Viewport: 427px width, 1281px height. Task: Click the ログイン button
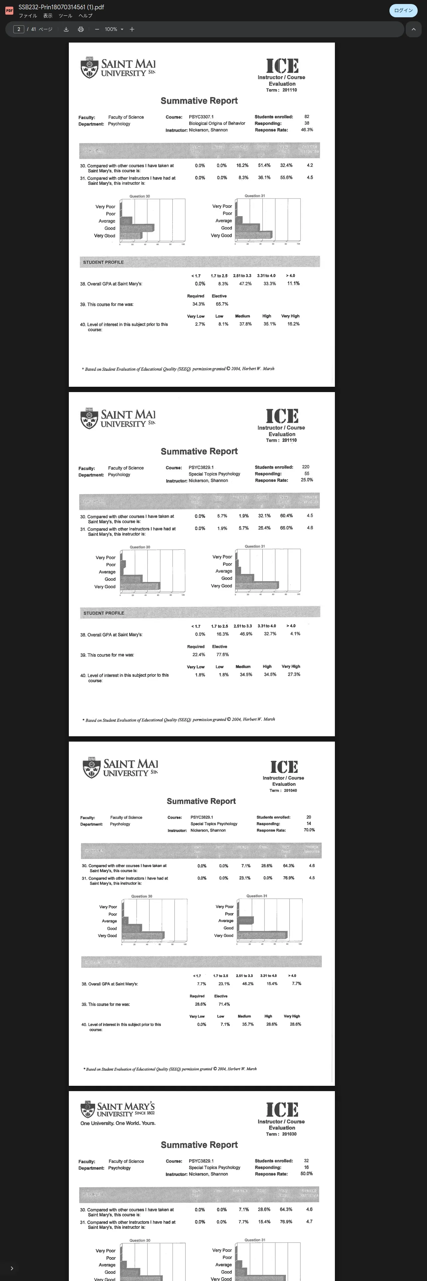click(403, 10)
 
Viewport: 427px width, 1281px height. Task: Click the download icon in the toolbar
click(66, 29)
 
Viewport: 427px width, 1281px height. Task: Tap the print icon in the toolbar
click(80, 29)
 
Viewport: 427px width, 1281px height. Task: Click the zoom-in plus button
click(132, 29)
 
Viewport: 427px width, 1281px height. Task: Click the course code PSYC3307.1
click(201, 117)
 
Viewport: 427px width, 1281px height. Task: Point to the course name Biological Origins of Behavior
click(217, 123)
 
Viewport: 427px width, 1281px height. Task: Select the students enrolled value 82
click(307, 116)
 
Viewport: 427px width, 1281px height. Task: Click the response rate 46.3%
click(307, 130)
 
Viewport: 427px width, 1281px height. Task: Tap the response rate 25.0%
click(307, 480)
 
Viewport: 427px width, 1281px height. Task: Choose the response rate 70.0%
click(309, 830)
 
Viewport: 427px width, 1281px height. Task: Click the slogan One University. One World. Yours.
click(118, 1123)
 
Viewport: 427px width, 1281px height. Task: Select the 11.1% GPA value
click(293, 283)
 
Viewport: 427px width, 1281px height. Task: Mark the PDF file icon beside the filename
click(9, 10)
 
